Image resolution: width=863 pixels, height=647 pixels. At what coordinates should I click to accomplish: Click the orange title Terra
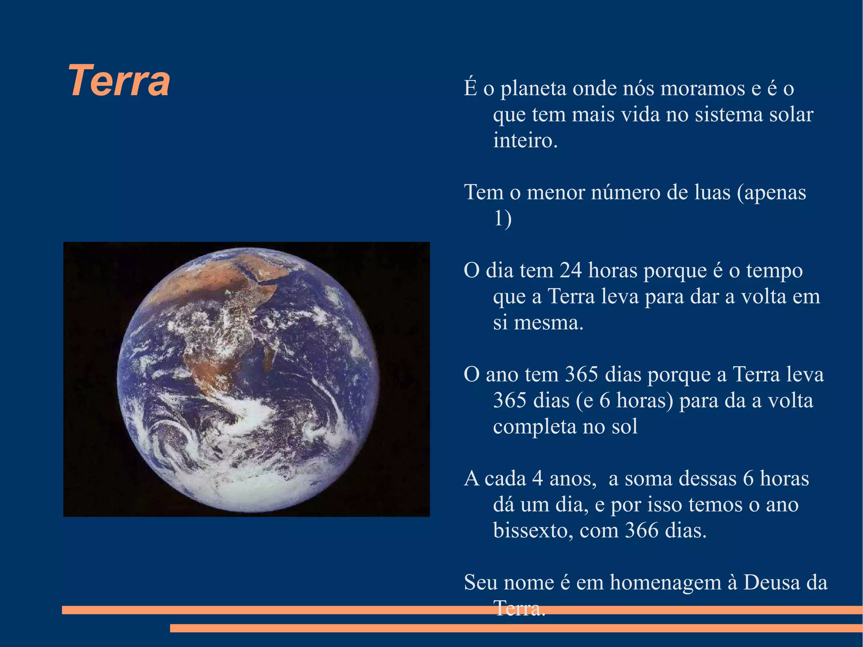click(x=119, y=81)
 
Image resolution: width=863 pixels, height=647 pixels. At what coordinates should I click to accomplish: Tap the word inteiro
click(x=525, y=140)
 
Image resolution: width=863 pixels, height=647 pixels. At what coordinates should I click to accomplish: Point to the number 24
click(x=571, y=270)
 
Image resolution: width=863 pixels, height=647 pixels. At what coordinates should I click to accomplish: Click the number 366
click(x=642, y=530)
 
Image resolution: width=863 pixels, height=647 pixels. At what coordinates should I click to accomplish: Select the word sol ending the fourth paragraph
click(x=624, y=426)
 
